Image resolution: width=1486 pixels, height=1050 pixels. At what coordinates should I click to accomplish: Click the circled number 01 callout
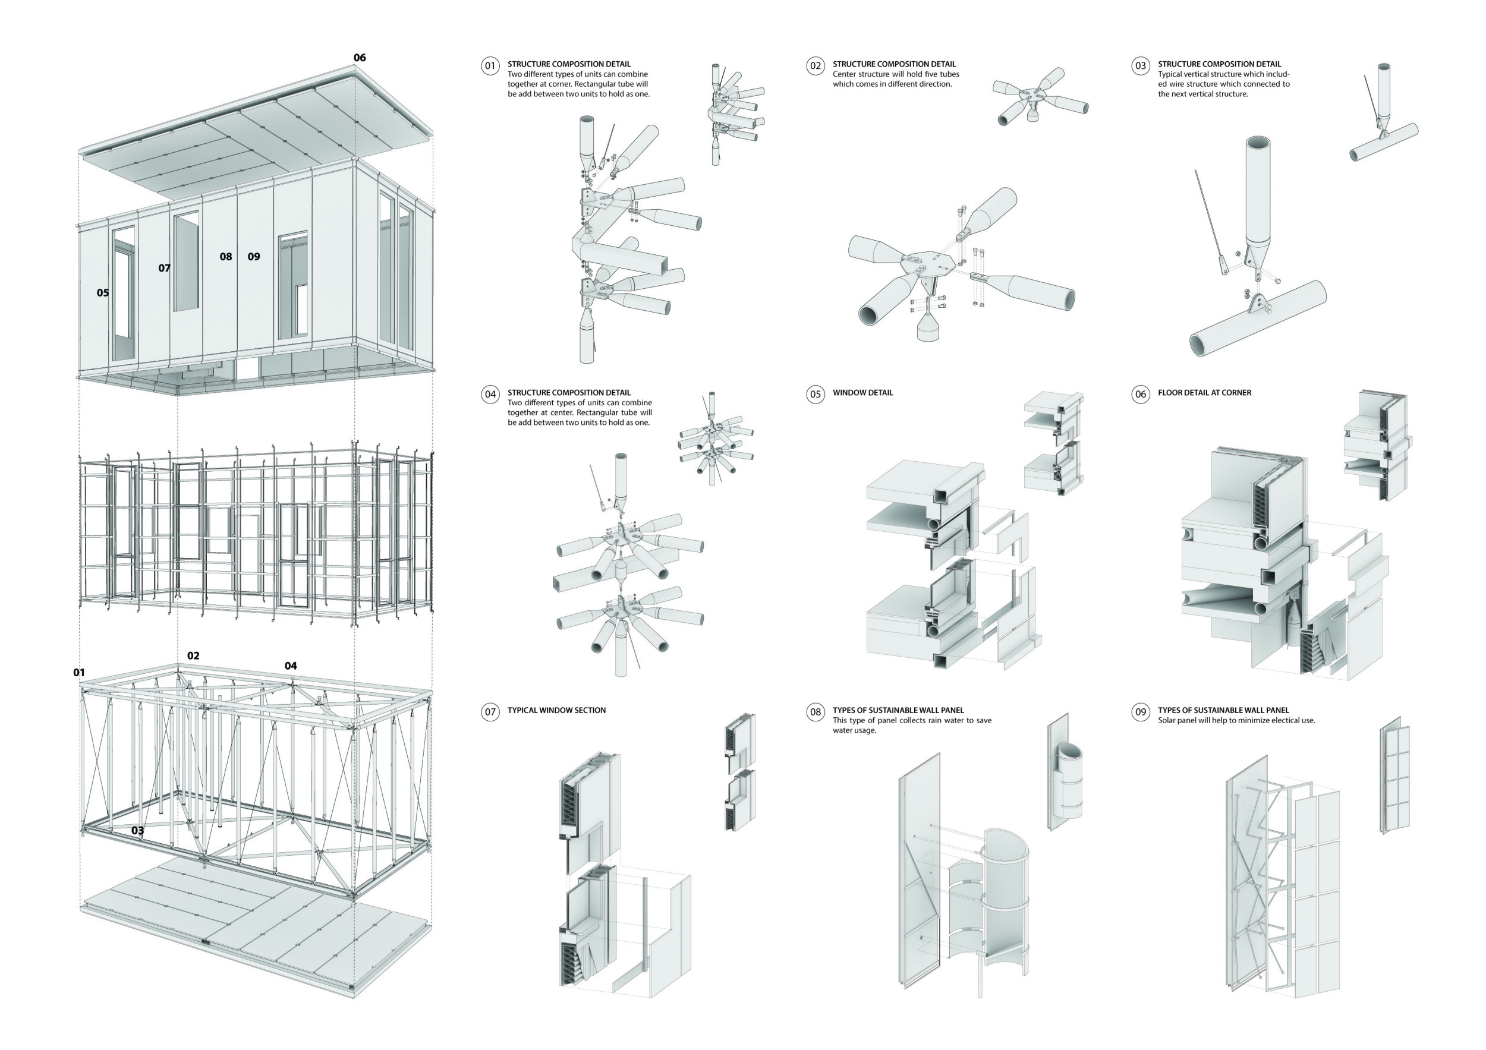pos(490,65)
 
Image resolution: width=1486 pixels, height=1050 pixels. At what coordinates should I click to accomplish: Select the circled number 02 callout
pos(815,65)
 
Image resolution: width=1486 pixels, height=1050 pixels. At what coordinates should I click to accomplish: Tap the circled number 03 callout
pos(1141,65)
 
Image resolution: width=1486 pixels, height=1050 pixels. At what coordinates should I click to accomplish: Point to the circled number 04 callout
pos(490,394)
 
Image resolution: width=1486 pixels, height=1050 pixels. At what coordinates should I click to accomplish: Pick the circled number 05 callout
pos(815,394)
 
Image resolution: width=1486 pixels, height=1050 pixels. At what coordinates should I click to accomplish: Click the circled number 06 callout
pos(1141,394)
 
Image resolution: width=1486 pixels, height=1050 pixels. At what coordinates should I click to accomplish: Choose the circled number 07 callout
pos(490,712)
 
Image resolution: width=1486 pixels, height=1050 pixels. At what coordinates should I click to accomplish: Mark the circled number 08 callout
pos(815,712)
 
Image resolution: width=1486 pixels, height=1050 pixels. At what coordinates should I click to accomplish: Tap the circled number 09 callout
pos(1141,712)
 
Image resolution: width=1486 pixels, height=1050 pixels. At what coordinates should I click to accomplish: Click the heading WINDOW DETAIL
pos(862,393)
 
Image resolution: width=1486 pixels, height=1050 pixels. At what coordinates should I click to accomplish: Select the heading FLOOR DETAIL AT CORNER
pos(1204,393)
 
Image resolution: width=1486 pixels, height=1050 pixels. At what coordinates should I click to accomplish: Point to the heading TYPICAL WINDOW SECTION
pos(556,710)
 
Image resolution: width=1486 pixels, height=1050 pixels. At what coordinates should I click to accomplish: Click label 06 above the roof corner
pos(359,58)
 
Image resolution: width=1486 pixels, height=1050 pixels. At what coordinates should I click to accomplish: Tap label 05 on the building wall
pos(103,292)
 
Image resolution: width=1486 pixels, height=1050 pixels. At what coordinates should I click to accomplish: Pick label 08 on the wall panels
pos(225,256)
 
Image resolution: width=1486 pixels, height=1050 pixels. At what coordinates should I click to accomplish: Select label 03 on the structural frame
pos(138,830)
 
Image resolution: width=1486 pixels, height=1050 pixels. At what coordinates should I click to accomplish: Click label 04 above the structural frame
pos(291,666)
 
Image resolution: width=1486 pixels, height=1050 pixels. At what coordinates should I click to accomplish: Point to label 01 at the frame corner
pos(79,672)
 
